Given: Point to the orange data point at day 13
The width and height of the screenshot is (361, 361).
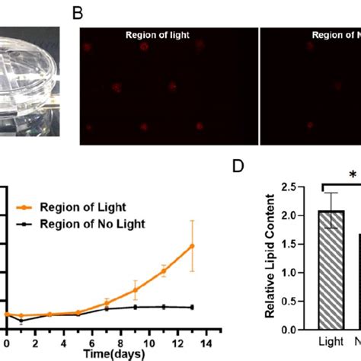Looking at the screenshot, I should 192,246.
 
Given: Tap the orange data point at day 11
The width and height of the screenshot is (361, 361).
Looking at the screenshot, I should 163,270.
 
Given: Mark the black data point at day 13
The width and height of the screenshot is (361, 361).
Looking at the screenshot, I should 192,307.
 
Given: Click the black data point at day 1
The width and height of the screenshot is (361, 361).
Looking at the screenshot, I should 21,321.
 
